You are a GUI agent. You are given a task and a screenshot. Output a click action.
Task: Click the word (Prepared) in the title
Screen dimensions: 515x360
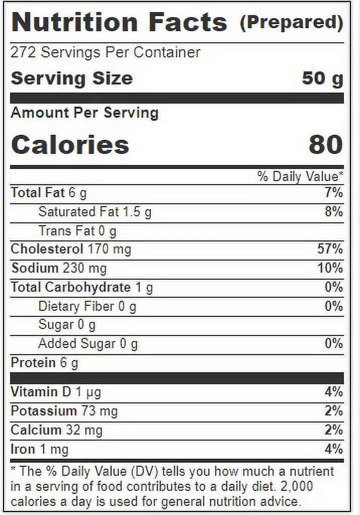pyautogui.click(x=291, y=23)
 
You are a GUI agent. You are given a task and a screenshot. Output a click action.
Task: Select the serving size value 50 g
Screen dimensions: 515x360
pyautogui.click(x=322, y=78)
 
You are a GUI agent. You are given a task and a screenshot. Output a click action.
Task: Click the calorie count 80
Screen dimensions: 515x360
pyautogui.click(x=326, y=144)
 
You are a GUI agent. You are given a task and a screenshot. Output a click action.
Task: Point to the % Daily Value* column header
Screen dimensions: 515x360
pyautogui.click(x=300, y=177)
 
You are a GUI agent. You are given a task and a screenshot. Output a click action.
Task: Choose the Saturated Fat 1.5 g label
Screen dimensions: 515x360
pyautogui.click(x=95, y=212)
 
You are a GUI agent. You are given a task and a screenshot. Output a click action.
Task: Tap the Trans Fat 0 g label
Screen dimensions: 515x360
pyautogui.click(x=77, y=231)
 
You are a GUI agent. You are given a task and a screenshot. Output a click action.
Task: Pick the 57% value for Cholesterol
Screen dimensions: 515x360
pyautogui.click(x=330, y=249)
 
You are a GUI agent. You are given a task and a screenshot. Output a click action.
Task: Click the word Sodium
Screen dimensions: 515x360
pyautogui.click(x=35, y=268)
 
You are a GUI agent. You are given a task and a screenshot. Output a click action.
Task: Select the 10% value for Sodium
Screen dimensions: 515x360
pyautogui.click(x=330, y=268)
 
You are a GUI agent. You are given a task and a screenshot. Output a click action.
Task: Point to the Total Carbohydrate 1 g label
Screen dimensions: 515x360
pyautogui.click(x=81, y=287)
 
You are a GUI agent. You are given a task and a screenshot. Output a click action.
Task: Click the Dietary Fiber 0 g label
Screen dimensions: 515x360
pyautogui.click(x=87, y=306)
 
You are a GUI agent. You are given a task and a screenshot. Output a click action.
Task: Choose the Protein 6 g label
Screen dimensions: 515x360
pyautogui.click(x=44, y=363)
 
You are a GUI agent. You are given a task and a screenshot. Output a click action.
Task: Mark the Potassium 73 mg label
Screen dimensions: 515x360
pyautogui.click(x=64, y=411)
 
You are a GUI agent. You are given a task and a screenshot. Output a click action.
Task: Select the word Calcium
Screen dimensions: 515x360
pyautogui.click(x=36, y=430)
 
